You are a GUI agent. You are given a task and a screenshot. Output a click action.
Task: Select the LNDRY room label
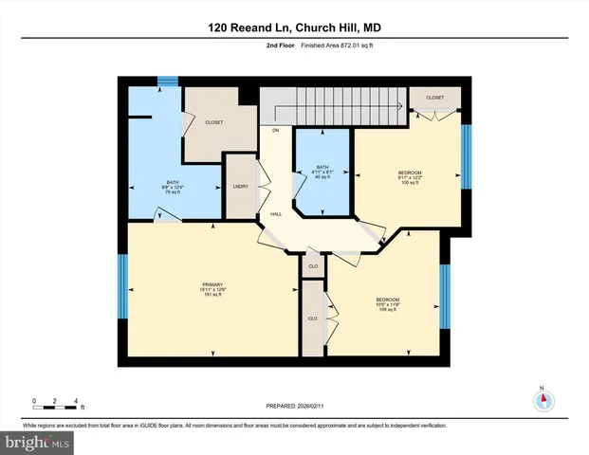[x=240, y=186]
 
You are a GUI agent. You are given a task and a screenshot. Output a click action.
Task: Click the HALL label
[x=276, y=214]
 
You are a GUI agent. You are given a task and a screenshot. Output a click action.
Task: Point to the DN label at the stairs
[x=276, y=130]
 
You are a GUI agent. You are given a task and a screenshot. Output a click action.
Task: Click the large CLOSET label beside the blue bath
[x=213, y=122]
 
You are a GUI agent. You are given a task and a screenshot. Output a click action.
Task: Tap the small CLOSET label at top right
[x=434, y=98]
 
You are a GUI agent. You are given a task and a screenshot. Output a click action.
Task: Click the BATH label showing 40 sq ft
[x=323, y=172]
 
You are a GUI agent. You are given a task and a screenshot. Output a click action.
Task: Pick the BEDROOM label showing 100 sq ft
[x=409, y=177]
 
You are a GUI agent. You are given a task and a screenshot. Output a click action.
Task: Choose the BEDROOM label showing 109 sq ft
[x=387, y=304]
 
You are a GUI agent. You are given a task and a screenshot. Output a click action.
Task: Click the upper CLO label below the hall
[x=313, y=266]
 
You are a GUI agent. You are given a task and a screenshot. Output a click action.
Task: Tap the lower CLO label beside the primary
[x=312, y=318]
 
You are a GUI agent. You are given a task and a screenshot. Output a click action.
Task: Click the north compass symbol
[x=543, y=401]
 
